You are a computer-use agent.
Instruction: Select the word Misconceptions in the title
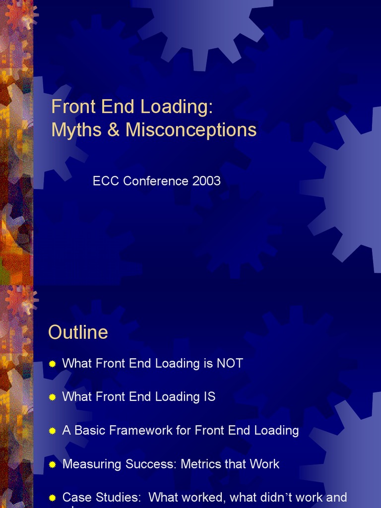[191, 130]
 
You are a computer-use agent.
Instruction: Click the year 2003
[206, 181]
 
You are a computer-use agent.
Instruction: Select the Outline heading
[78, 332]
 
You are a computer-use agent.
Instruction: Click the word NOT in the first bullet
[230, 364]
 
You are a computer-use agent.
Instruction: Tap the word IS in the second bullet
[208, 397]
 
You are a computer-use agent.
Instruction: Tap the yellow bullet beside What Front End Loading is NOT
[53, 364]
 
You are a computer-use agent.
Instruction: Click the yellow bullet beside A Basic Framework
[53, 431]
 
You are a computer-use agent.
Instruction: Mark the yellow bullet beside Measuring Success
[53, 465]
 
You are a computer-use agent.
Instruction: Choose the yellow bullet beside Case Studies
[53, 498]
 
